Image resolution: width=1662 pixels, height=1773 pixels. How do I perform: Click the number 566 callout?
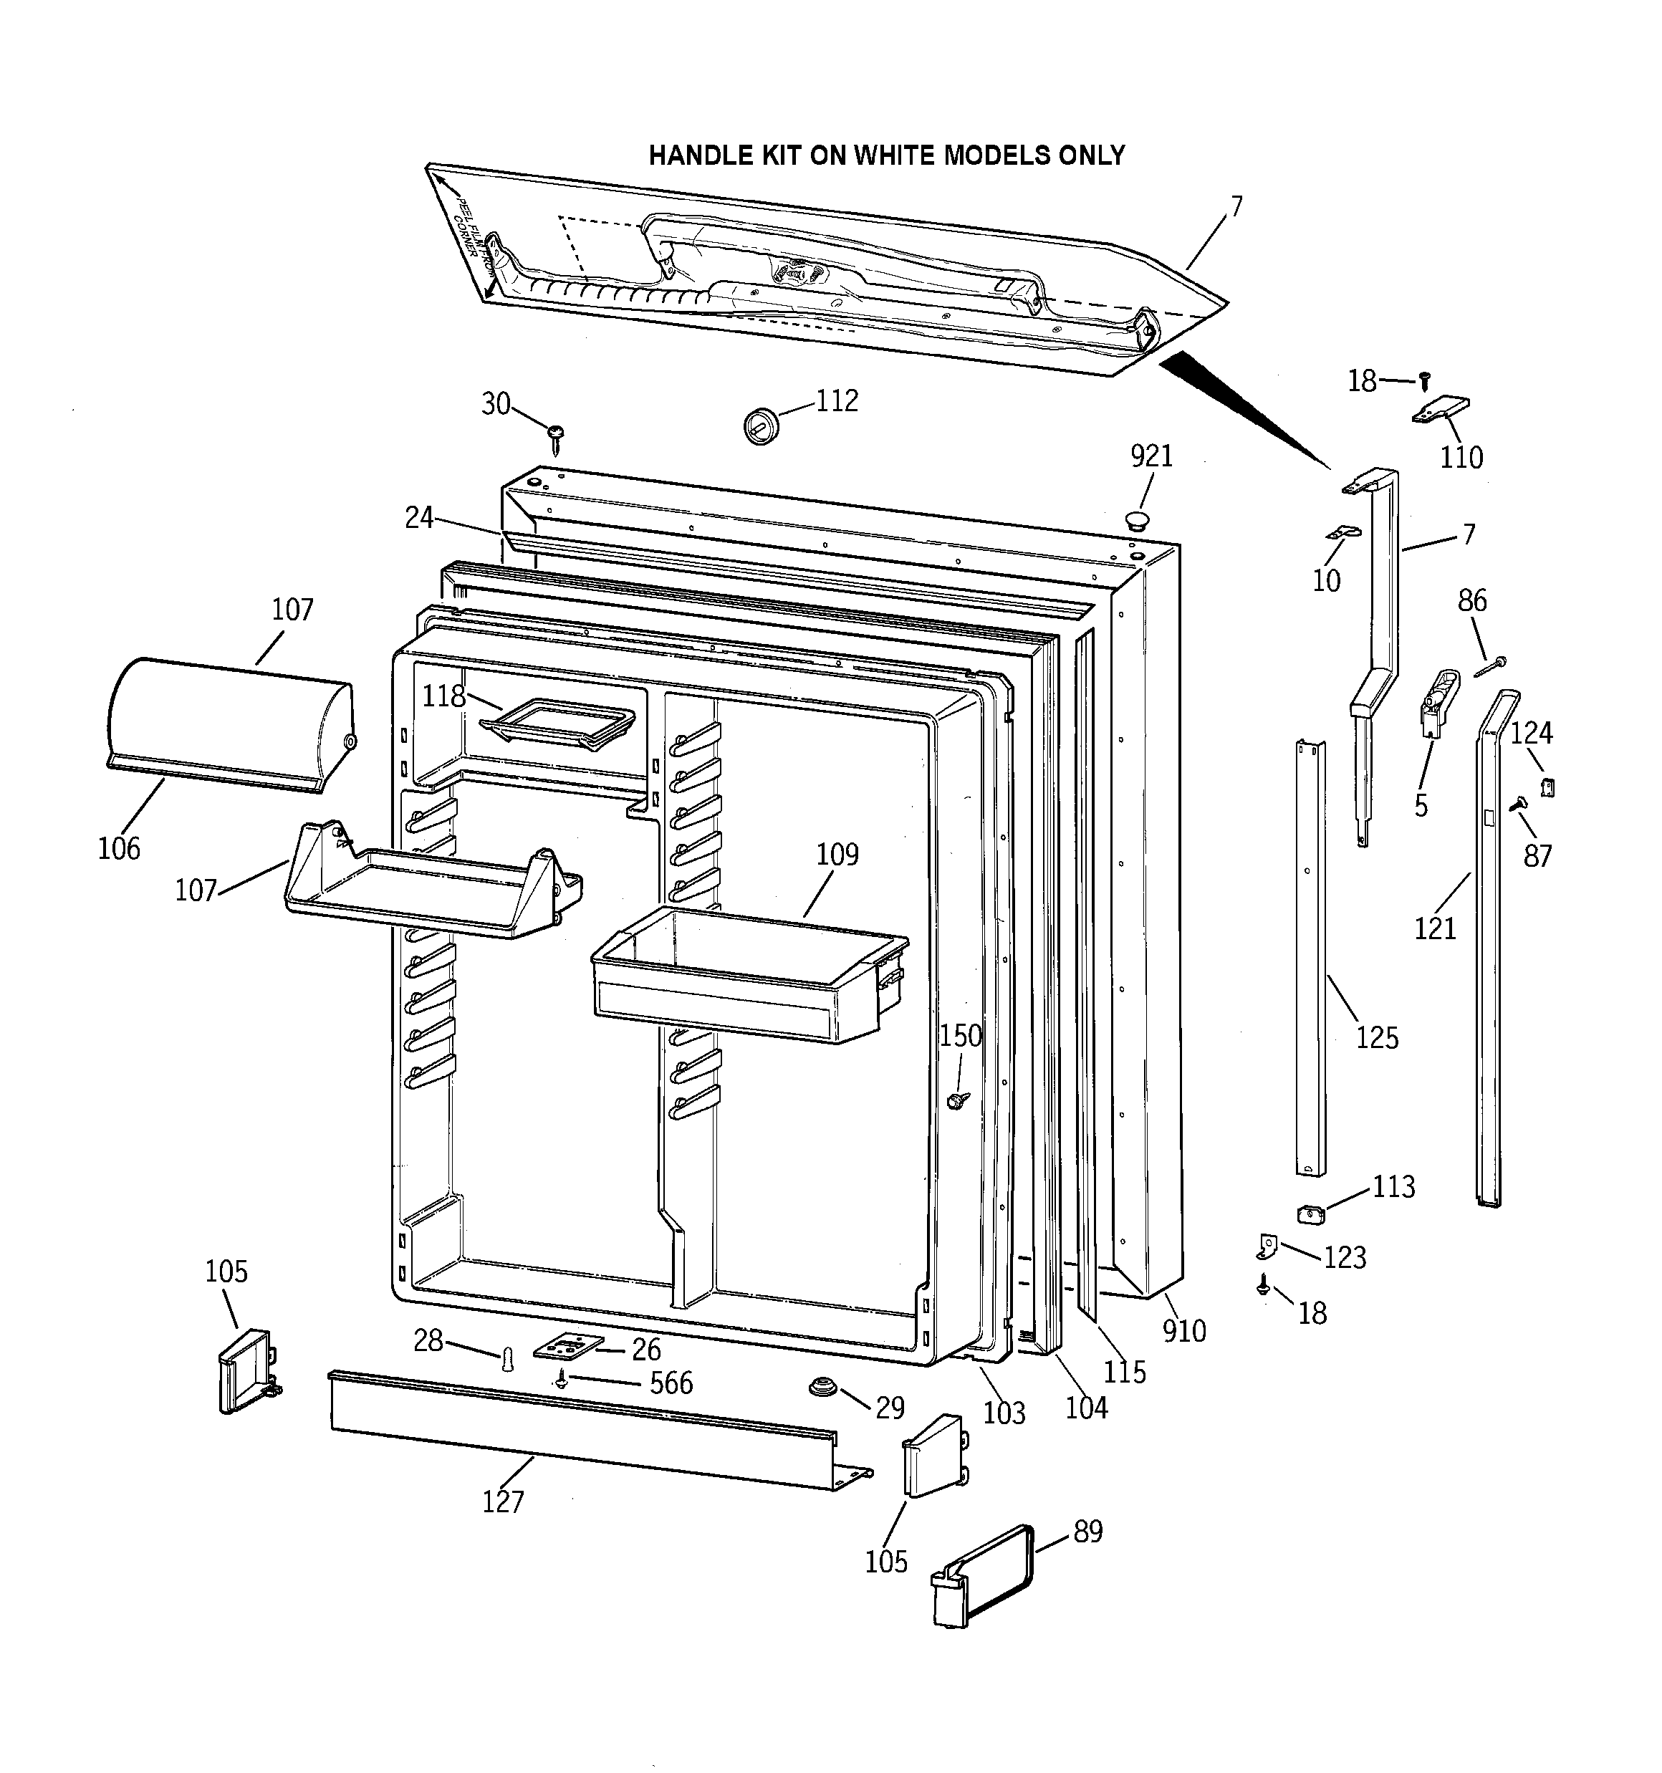671,1383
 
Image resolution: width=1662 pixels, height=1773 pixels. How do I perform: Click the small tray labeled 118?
557,719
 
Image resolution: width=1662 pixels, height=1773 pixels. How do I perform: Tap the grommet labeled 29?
821,1388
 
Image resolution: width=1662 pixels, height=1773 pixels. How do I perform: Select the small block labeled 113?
1310,1214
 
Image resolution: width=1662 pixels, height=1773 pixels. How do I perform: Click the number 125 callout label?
1377,1038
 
